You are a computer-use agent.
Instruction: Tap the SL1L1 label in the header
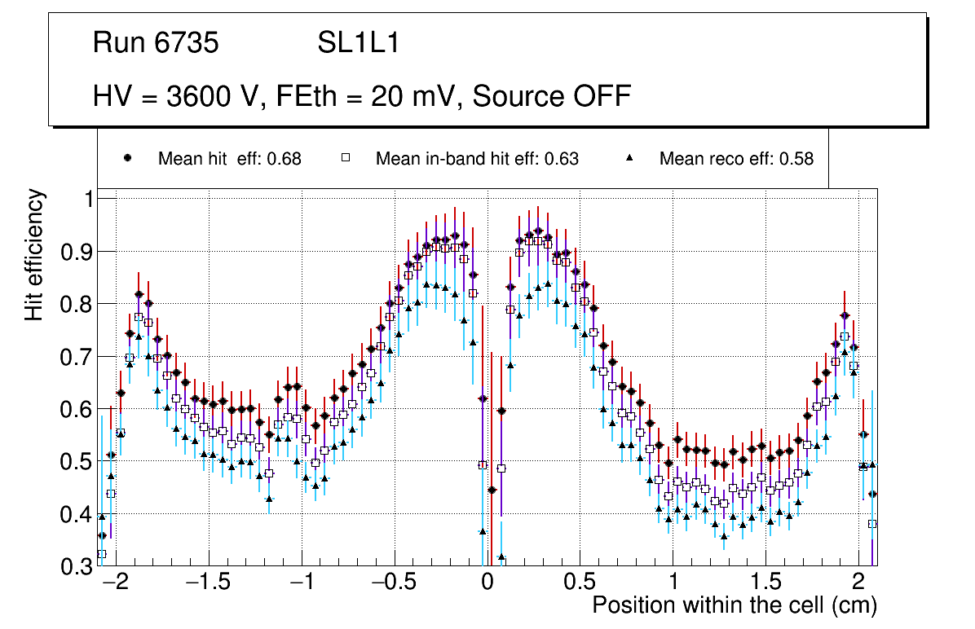pos(358,43)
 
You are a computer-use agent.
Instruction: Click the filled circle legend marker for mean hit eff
pos(128,158)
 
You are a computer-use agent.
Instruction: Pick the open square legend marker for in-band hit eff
pos(345,158)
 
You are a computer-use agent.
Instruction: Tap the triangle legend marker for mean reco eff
pos(629,158)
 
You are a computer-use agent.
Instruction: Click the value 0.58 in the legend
pos(796,159)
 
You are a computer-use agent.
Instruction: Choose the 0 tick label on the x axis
pos(487,583)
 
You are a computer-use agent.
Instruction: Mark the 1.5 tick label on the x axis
pos(765,583)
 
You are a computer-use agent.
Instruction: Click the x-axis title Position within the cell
pos(734,606)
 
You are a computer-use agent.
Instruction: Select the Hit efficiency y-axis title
pos(35,254)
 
